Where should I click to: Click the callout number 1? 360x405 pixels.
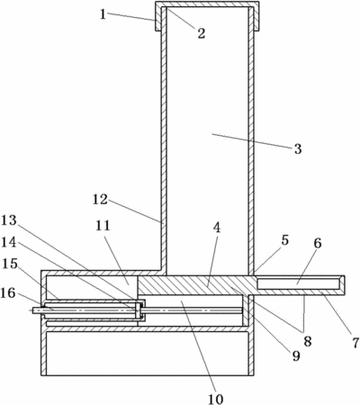pyautogui.click(x=103, y=13)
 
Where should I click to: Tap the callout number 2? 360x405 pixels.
pyautogui.click(x=202, y=32)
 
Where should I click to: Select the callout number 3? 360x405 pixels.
pyautogui.click(x=298, y=149)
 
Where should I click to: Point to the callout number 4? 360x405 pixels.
pyautogui.click(x=217, y=228)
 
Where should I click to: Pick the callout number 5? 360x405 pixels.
pyautogui.click(x=284, y=240)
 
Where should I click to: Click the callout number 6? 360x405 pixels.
pyautogui.click(x=318, y=243)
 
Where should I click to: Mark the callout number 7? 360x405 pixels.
pyautogui.click(x=355, y=343)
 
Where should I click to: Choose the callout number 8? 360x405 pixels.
pyautogui.click(x=308, y=341)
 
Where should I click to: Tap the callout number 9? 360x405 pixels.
pyautogui.click(x=296, y=355)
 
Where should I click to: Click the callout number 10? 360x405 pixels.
pyautogui.click(x=216, y=399)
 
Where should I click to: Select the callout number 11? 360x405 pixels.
pyautogui.click(x=103, y=226)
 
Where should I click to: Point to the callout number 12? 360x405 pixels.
pyautogui.click(x=100, y=200)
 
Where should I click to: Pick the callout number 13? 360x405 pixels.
pyautogui.click(x=9, y=220)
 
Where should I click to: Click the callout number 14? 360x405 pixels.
pyautogui.click(x=9, y=242)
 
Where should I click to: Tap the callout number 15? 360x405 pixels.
pyautogui.click(x=9, y=264)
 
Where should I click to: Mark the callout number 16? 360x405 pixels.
pyautogui.click(x=8, y=292)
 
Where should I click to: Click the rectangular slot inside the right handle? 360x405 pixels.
pyautogui.click(x=299, y=283)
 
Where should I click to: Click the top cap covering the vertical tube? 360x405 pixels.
pyautogui.click(x=207, y=4)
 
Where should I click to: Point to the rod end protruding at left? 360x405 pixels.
pyautogui.click(x=37, y=310)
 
